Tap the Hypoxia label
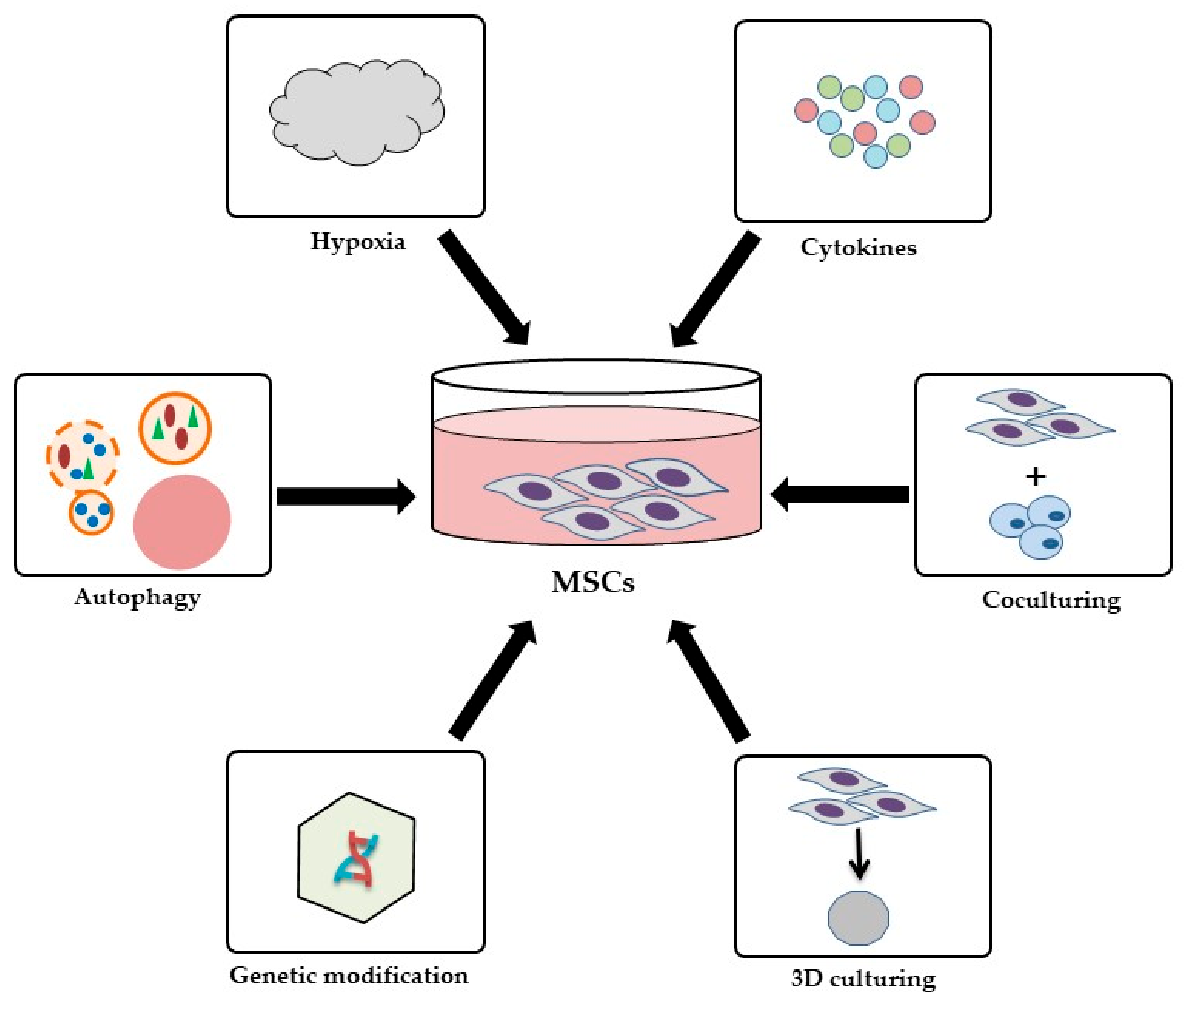tap(358, 241)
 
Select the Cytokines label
tap(858, 248)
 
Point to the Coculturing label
tap(1051, 600)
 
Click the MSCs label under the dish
tap(593, 582)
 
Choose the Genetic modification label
tap(349, 975)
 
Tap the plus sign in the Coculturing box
tap(1035, 476)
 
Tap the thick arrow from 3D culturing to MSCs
tap(709, 681)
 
